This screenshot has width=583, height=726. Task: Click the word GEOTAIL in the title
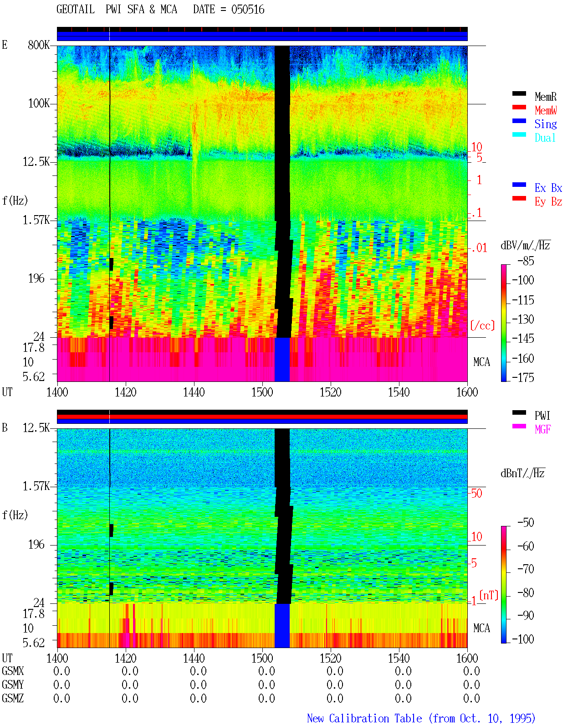tap(76, 10)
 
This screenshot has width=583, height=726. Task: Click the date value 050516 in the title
tap(248, 10)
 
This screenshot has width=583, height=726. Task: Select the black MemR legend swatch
tap(519, 93)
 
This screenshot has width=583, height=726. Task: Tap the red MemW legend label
tap(546, 110)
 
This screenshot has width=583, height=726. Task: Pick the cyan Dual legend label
tap(545, 138)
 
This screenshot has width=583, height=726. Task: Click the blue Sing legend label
tap(546, 124)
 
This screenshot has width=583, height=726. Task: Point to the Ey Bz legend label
tap(548, 202)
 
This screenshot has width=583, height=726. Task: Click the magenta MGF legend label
tap(543, 429)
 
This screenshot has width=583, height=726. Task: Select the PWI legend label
tap(542, 415)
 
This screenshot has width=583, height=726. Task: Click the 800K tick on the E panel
tap(39, 45)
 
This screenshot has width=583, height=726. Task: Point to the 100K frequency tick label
tap(39, 103)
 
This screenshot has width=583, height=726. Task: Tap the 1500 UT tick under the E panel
tap(262, 392)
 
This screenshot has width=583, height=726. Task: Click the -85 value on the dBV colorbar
tap(526, 261)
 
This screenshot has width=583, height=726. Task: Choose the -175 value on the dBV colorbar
tap(523, 377)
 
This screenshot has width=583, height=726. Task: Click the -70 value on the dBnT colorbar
tap(526, 569)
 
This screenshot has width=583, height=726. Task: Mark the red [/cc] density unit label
tap(482, 325)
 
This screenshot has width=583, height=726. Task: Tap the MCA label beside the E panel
tap(481, 362)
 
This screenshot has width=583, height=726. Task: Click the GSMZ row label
tap(13, 698)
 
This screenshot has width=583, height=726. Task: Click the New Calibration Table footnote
tap(421, 719)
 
